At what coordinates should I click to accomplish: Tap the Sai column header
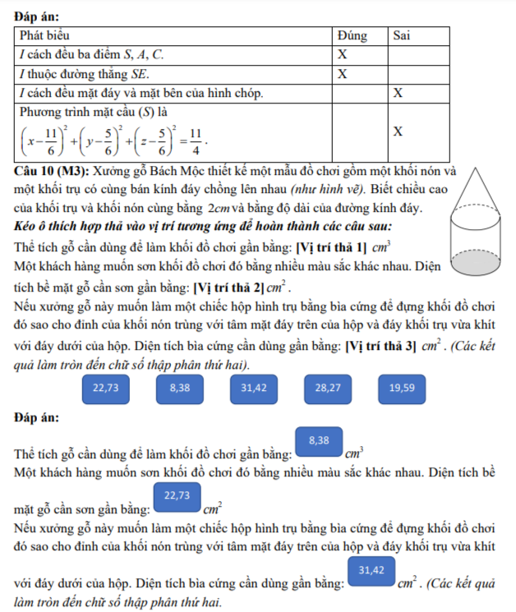pyautogui.click(x=402, y=36)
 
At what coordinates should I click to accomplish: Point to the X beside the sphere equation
pyautogui.click(x=398, y=131)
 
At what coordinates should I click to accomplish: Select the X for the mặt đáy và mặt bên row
pyautogui.click(x=398, y=93)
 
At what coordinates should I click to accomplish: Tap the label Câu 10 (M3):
pyautogui.click(x=53, y=172)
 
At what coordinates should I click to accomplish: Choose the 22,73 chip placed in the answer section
pyautogui.click(x=177, y=495)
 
